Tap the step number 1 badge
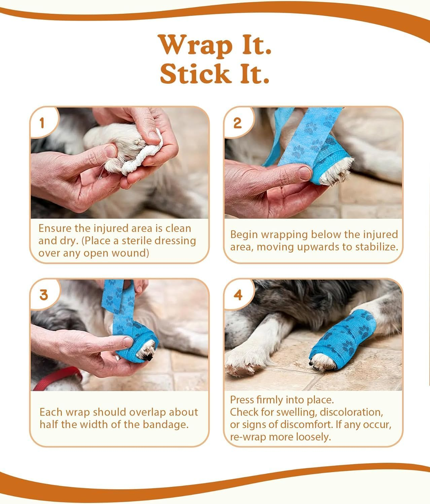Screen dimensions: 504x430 (x=42, y=123)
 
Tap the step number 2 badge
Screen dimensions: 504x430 (x=237, y=123)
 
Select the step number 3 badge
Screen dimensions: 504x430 (x=44, y=295)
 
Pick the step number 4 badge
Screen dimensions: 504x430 (x=238, y=295)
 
